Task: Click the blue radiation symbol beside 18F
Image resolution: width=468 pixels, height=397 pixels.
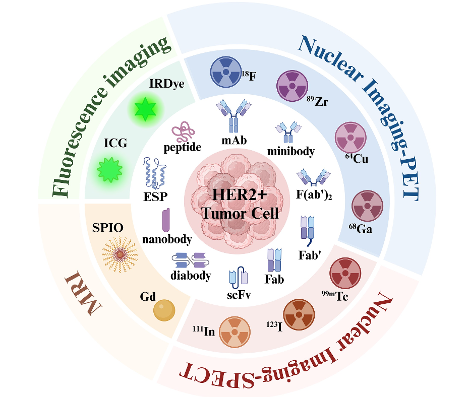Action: point(226,72)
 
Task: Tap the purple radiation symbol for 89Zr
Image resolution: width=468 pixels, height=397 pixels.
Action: point(292,86)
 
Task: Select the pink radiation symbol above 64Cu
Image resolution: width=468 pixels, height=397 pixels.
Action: point(350,138)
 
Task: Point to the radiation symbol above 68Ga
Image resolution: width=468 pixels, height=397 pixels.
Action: point(367,206)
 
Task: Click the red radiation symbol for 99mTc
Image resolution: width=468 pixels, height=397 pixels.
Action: point(345,273)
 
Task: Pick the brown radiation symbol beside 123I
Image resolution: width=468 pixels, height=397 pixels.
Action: point(299,315)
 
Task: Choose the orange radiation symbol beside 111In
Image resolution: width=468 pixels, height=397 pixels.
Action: point(235,332)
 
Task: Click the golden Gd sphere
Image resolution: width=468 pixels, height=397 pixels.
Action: point(164,310)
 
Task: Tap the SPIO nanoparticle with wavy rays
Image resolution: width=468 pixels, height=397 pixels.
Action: point(120,254)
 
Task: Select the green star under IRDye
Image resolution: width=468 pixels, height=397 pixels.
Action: point(145,109)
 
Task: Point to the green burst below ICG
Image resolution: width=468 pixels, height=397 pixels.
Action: point(109,170)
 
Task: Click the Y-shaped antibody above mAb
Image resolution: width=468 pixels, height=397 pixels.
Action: point(233,116)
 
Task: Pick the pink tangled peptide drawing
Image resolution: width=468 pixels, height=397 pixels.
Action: point(183,131)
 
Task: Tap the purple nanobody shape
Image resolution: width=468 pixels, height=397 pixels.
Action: point(166,220)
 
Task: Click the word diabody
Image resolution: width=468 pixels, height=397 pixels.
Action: point(191,275)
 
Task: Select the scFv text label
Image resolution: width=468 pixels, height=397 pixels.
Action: point(239,295)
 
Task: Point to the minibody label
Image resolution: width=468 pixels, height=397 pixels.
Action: point(291,151)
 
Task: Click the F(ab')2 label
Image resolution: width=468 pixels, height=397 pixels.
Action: point(314,195)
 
